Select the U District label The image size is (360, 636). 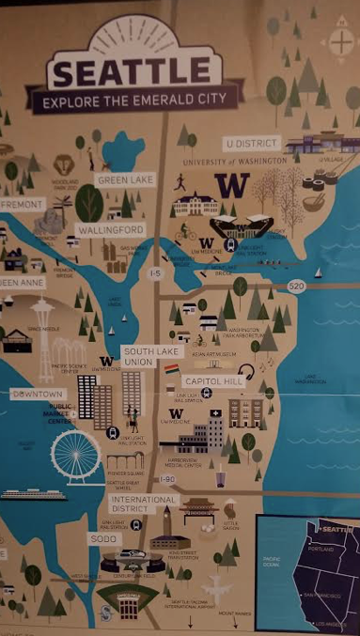tap(252, 144)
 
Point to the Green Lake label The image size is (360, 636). tap(125, 179)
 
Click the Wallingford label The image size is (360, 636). tap(111, 229)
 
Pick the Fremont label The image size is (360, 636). tap(21, 204)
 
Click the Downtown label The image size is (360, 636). tap(38, 395)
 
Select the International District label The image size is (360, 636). tap(144, 504)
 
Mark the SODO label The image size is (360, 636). tap(102, 539)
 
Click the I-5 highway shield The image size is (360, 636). tap(156, 274)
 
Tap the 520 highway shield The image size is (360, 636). tap(296, 286)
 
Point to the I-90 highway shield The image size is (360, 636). tap(167, 479)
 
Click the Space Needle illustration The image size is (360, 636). tap(43, 324)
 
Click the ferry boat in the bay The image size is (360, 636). tap(34, 494)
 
